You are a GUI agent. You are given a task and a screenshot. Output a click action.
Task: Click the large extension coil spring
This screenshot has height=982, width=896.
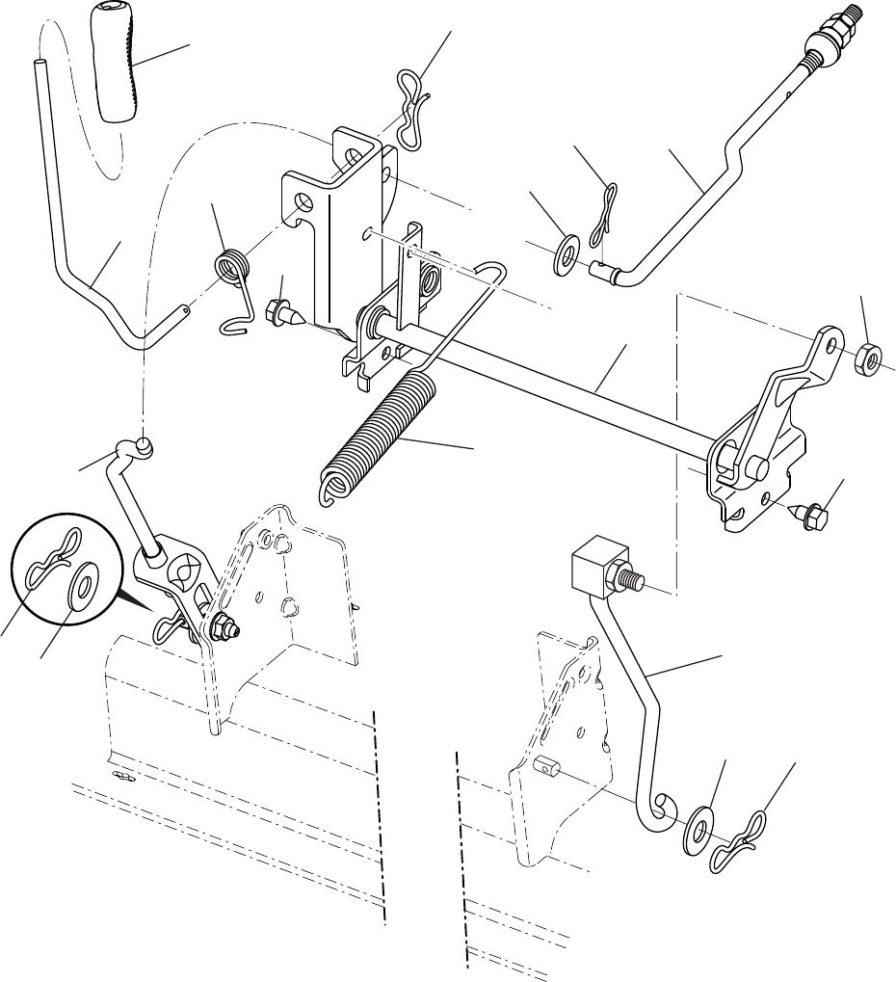coord(376,434)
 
